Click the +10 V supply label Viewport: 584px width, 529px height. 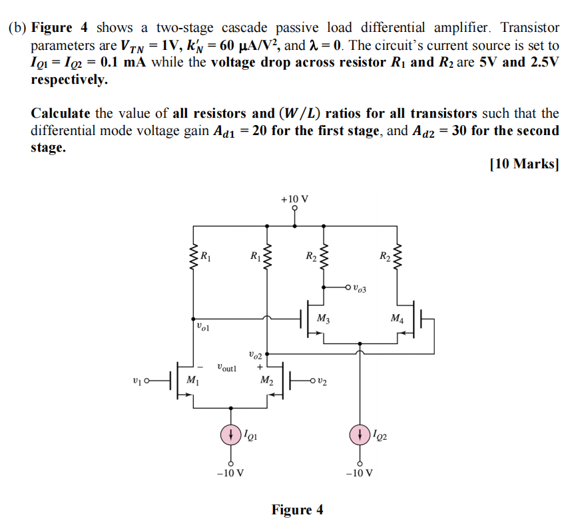tap(295, 199)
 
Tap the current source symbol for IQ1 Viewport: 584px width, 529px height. tap(230, 436)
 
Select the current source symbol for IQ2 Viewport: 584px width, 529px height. tap(360, 436)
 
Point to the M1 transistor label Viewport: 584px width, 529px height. tap(192, 381)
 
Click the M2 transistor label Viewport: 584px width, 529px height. tap(266, 381)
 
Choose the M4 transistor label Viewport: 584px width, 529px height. tap(397, 318)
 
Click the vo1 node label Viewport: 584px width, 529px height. tap(204, 327)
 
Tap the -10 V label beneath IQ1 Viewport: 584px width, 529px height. tap(230, 473)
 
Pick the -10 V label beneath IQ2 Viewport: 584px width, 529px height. tap(360, 473)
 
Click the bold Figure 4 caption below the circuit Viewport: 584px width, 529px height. tap(297, 510)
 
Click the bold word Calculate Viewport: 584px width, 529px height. tap(61, 113)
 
